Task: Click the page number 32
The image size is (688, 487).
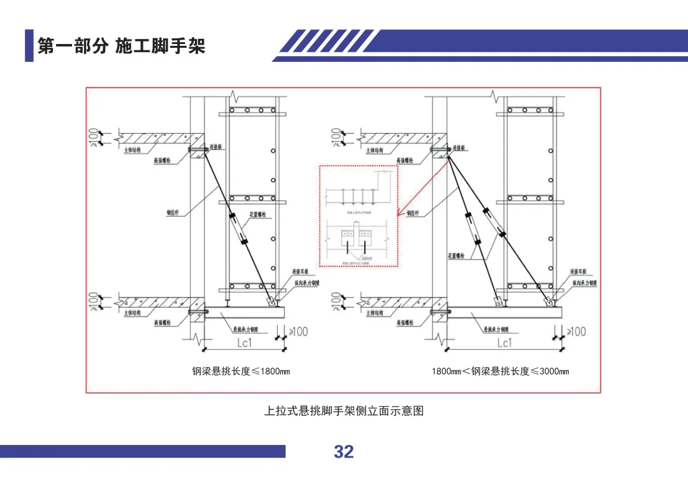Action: coord(343,452)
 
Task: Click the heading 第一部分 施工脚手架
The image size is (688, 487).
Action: coord(121,46)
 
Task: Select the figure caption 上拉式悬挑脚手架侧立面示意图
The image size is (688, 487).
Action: coord(344,411)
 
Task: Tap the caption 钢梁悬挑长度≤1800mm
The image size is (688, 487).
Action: coord(241,371)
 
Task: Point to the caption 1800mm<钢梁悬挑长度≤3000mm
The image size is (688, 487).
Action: coord(500,371)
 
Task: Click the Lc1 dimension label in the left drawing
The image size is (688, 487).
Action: coord(245,343)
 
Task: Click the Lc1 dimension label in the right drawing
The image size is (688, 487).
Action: coord(505,343)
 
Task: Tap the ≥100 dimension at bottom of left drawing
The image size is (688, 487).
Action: coord(297,331)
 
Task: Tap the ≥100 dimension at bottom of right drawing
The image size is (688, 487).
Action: coord(575,331)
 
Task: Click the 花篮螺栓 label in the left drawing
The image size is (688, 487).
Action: coord(257,215)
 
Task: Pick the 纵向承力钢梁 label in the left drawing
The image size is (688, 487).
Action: coord(306,282)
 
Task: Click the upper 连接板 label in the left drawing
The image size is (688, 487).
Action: coord(216,147)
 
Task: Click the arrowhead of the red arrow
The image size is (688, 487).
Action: coord(399,215)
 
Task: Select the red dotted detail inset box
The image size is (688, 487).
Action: coord(359,215)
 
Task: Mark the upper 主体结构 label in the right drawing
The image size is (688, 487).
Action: coord(375,150)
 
